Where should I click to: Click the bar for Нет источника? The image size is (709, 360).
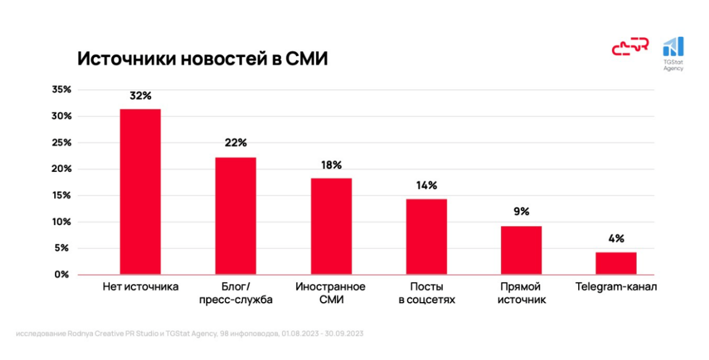pyautogui.click(x=140, y=192)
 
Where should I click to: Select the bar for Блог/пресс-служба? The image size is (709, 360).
pyautogui.click(x=236, y=216)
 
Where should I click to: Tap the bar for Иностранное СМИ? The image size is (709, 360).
pyautogui.click(x=331, y=226)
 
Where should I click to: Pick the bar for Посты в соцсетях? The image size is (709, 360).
pyautogui.click(x=426, y=236)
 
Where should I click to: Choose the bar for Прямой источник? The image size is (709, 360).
pyautogui.click(x=521, y=250)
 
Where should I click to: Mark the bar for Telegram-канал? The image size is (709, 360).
pyautogui.click(x=616, y=264)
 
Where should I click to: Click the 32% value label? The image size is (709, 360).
pyautogui.click(x=140, y=95)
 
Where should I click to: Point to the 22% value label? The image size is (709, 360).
pyautogui.click(x=236, y=143)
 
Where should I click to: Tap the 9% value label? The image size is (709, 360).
pyautogui.click(x=522, y=212)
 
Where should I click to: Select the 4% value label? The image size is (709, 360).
pyautogui.click(x=616, y=238)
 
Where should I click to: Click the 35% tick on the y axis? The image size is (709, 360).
pyautogui.click(x=61, y=90)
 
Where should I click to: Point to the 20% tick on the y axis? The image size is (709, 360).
pyautogui.click(x=61, y=169)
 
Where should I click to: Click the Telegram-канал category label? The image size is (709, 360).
pyautogui.click(x=616, y=286)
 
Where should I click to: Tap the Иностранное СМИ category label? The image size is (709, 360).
pyautogui.click(x=330, y=292)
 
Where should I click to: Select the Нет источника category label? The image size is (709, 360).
pyautogui.click(x=140, y=286)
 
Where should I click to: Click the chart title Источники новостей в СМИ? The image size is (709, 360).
pyautogui.click(x=203, y=58)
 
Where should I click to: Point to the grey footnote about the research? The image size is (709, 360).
pyautogui.click(x=189, y=333)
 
